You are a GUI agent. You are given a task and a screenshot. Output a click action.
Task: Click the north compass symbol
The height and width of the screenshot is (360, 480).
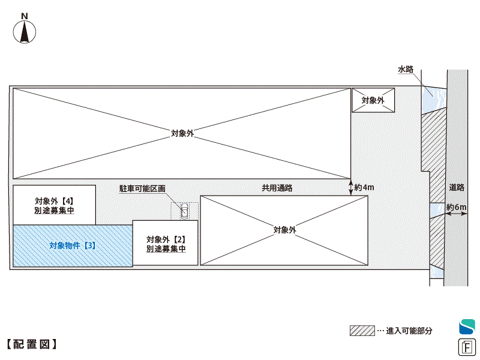coord(25,31)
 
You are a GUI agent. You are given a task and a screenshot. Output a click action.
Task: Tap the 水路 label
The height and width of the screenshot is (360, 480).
coord(406,70)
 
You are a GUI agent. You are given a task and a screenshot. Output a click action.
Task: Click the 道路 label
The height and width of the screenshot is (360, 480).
coord(457,187)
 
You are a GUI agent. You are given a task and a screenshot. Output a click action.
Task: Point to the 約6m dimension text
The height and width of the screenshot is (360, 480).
coord(457,208)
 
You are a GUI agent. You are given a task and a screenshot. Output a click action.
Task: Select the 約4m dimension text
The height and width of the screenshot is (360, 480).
coord(364,188)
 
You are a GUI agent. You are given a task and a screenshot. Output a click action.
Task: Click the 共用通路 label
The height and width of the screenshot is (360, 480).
coord(277,188)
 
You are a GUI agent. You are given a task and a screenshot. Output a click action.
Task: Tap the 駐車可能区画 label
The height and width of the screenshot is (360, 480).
coord(142,188)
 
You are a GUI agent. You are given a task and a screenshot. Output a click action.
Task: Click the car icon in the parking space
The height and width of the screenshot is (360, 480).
coord(184,211)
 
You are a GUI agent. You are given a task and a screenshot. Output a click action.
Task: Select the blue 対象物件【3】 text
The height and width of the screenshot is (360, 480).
coord(72,245)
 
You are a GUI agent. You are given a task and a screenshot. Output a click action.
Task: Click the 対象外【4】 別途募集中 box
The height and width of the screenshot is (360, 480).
coord(54,205)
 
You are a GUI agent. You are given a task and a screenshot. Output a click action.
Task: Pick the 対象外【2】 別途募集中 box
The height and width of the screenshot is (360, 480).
coord(166,243)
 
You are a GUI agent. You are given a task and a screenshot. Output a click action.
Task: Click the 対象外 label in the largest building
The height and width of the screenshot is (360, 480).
coord(182,133)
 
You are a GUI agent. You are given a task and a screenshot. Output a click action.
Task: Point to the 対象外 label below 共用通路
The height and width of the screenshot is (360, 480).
coord(284,230)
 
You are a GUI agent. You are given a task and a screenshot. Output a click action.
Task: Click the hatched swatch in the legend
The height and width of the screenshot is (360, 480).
coord(362,331)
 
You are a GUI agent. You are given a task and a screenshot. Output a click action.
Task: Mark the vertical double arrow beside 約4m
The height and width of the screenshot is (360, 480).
coord(350,187)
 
